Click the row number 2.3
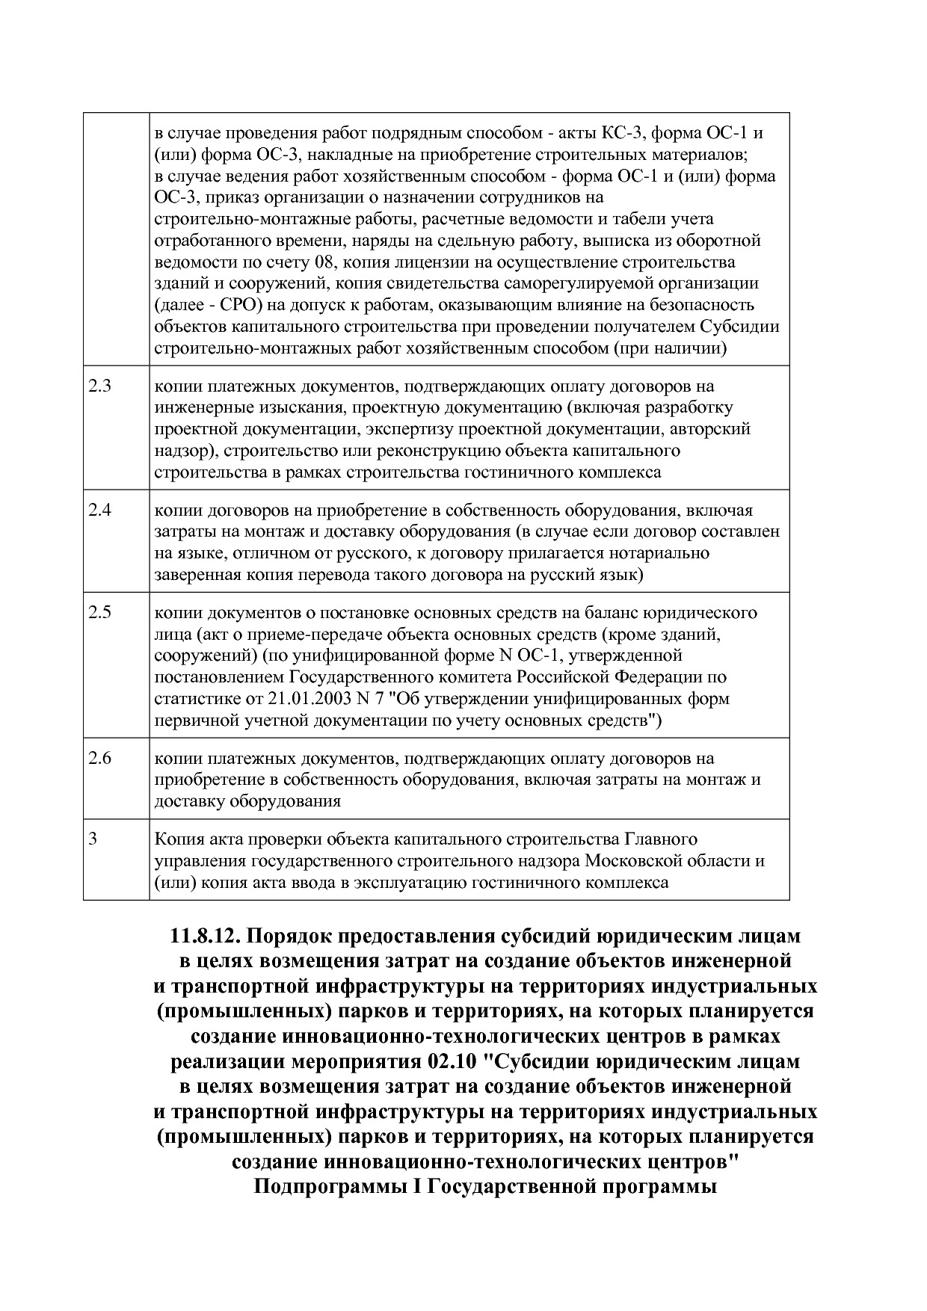coord(99,386)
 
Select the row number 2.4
coord(99,510)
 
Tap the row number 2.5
coord(99,613)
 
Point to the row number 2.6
coord(99,758)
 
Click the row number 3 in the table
coord(93,839)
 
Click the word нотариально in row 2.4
coord(664,553)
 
